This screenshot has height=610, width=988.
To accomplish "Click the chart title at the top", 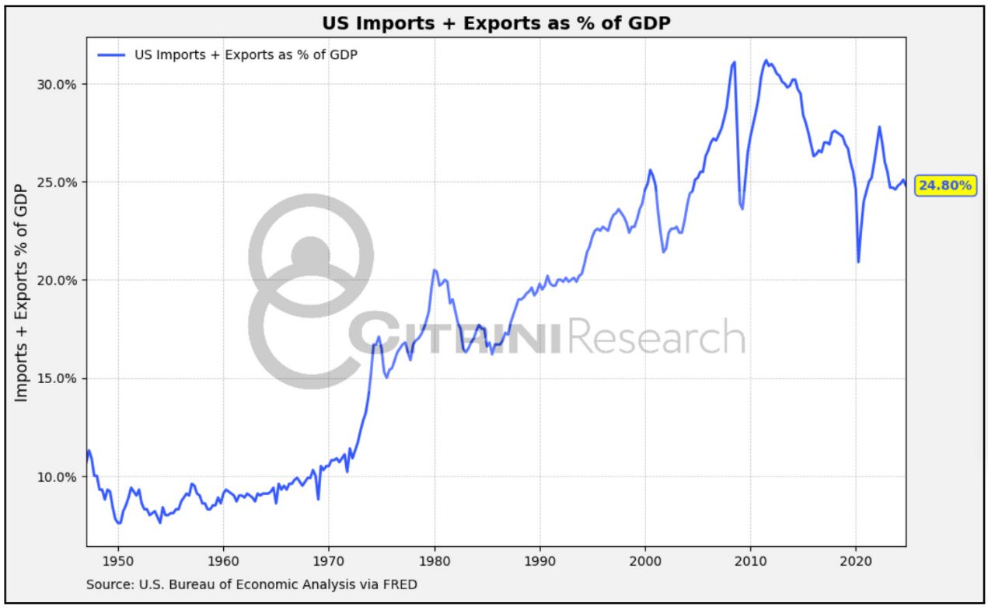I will [x=496, y=24].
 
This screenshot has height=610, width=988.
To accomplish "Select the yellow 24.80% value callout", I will [x=944, y=185].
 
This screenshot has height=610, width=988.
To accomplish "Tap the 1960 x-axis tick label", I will [x=223, y=558].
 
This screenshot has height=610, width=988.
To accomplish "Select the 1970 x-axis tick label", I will [x=328, y=558].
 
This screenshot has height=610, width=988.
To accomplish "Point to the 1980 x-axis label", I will [x=434, y=558].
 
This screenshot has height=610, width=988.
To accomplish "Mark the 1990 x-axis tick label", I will [x=539, y=558].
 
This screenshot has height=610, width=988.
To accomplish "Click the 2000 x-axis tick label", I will [x=644, y=558].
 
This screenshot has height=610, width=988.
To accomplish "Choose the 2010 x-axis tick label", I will [x=750, y=558].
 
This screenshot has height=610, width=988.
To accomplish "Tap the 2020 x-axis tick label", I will [x=855, y=558].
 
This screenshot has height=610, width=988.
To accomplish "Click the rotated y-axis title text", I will [x=22, y=292].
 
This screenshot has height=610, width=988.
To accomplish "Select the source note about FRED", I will [x=251, y=584].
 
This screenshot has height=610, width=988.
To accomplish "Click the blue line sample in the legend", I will [x=112, y=54].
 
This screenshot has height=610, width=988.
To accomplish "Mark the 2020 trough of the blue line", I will [x=858, y=261].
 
